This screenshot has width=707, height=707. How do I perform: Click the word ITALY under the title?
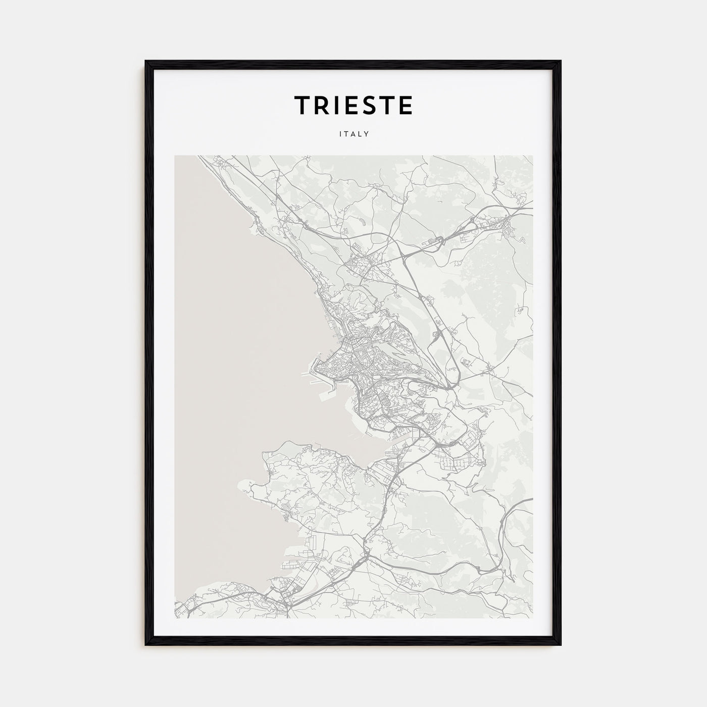point(353,134)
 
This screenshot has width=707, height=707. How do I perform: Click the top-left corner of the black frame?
point(146,62)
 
